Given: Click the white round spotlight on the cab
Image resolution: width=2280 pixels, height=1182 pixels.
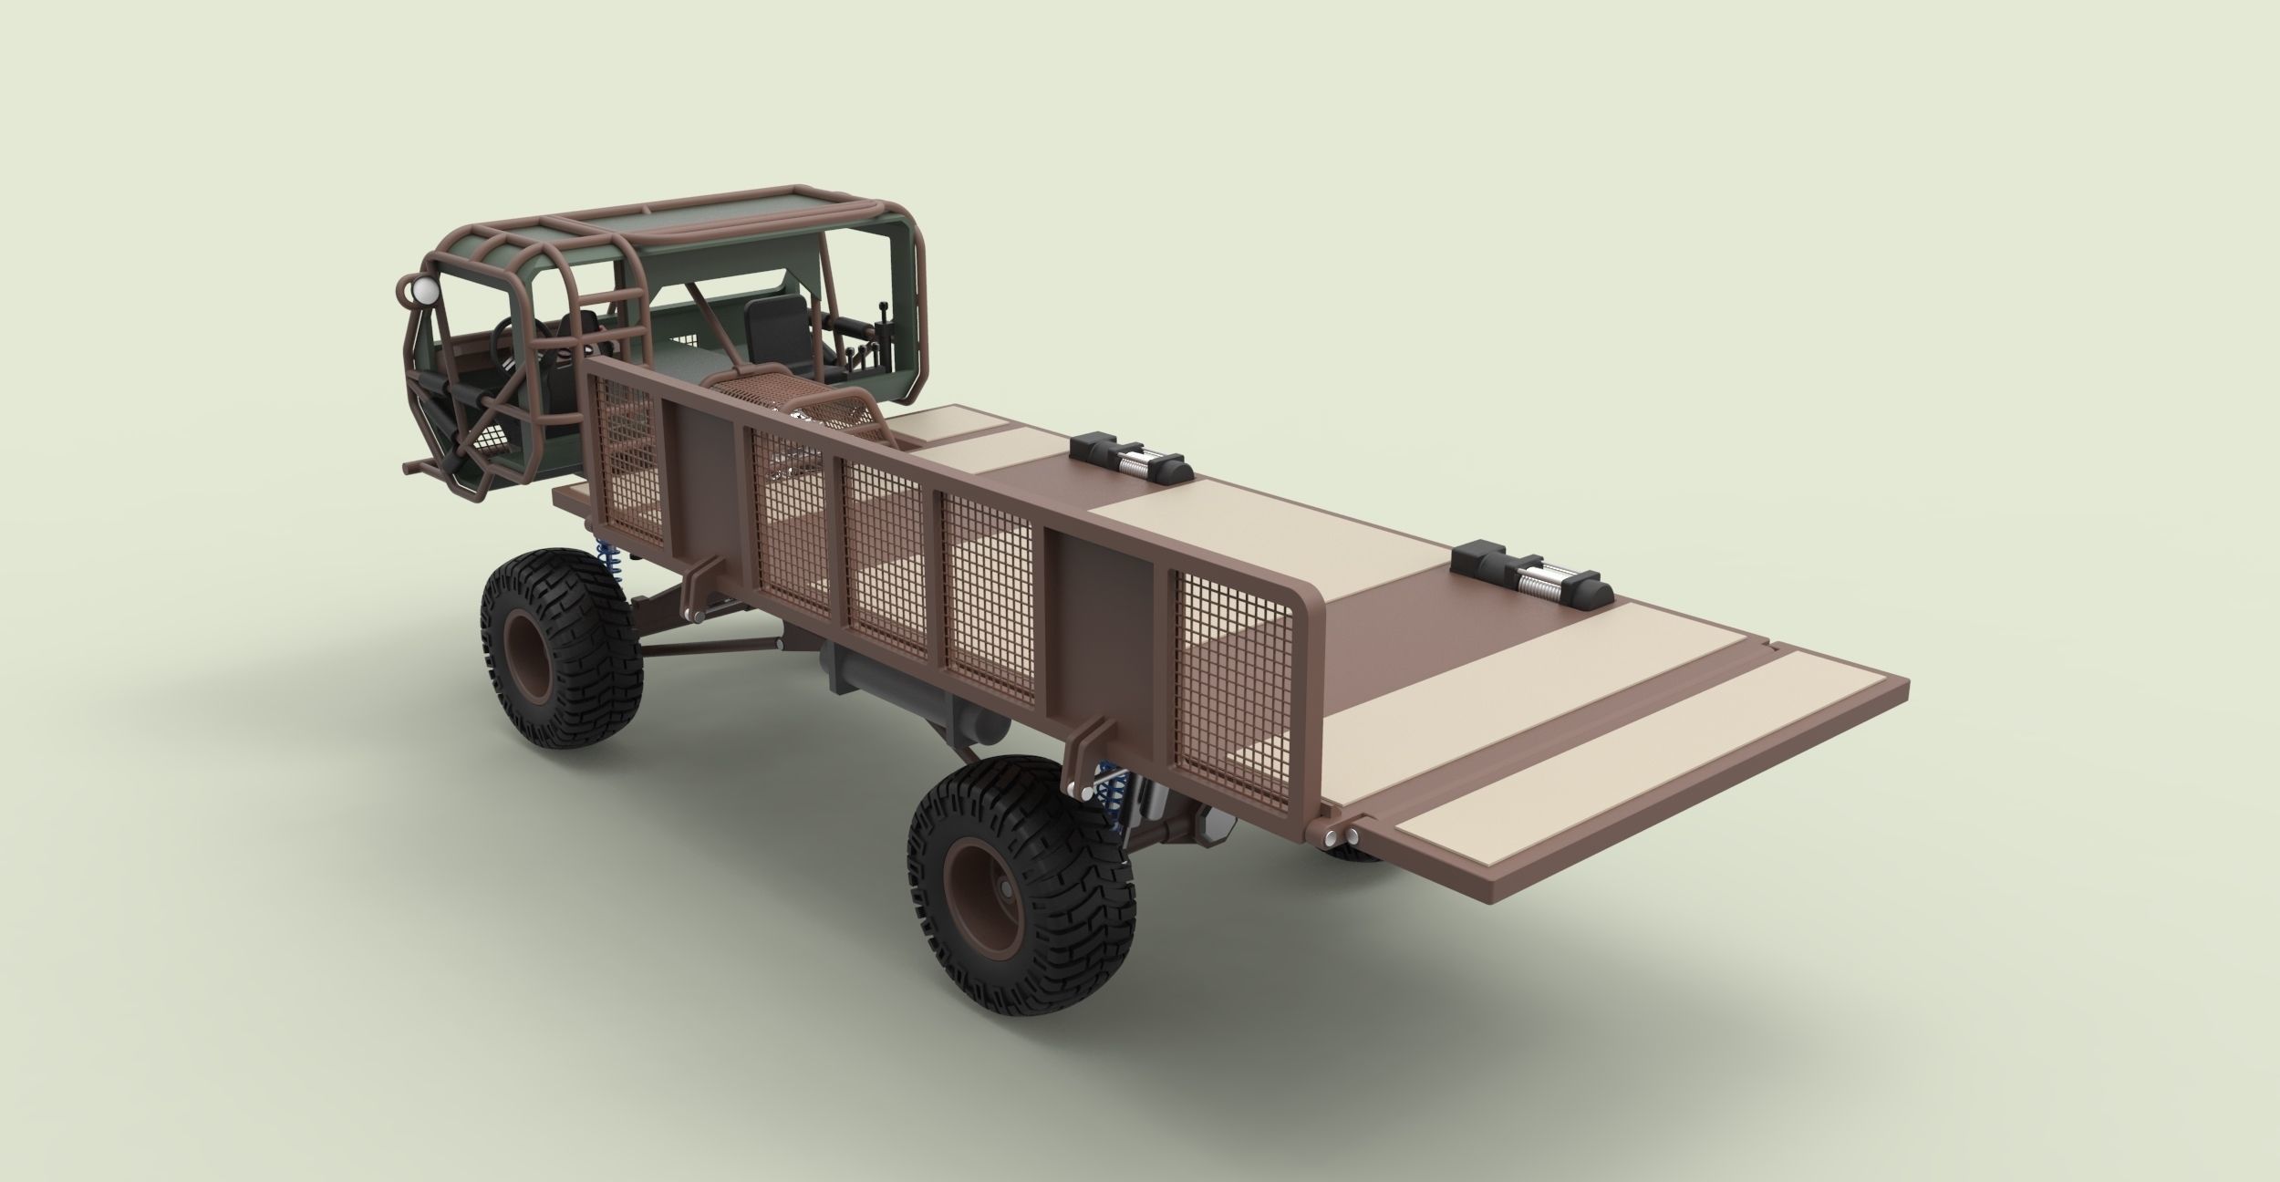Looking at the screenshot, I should (x=425, y=291).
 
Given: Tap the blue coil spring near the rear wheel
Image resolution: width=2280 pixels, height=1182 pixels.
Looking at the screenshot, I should (x=1111, y=802).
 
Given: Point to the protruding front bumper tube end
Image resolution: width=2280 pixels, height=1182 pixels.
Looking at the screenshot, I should (x=408, y=466).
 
